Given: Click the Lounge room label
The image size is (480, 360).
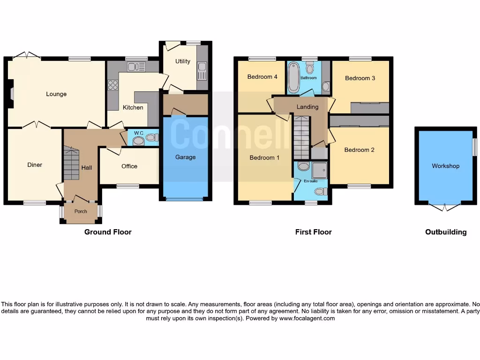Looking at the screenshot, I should (x=56, y=94).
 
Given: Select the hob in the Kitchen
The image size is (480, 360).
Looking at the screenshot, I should (x=113, y=85).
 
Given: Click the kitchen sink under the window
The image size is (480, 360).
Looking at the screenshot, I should (x=136, y=67).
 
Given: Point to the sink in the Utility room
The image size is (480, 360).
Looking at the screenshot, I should (x=202, y=71).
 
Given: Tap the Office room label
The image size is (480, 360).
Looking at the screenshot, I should (x=129, y=166).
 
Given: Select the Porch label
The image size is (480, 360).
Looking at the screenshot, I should (x=81, y=211).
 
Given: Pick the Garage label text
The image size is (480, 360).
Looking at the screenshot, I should (x=185, y=157).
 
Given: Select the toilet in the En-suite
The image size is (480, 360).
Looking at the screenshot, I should (x=321, y=191).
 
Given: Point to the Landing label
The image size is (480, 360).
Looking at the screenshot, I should (x=307, y=107).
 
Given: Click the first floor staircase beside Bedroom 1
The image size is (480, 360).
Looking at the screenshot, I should (x=301, y=138).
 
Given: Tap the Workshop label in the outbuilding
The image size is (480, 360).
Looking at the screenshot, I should (x=445, y=166).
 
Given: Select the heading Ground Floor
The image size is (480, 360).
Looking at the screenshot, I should (x=108, y=232).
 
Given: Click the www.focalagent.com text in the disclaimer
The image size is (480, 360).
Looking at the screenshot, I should (x=307, y=318).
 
